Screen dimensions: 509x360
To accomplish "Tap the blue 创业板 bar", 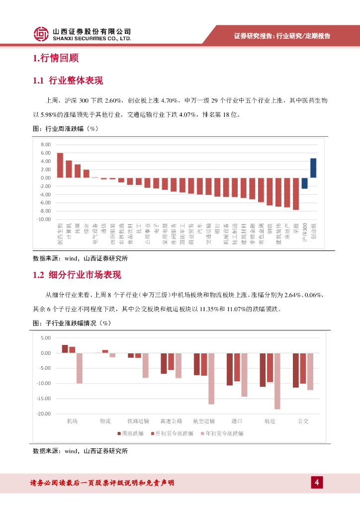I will point(313,168).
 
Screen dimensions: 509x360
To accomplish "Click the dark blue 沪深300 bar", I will point(304,183).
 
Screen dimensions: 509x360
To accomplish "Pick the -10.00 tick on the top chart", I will point(44,219).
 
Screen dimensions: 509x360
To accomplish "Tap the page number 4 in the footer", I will point(316,482).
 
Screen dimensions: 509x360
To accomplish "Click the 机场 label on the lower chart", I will point(72,421).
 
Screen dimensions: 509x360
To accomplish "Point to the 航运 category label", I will point(270,421).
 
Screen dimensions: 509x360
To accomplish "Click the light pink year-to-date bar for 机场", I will point(80,368).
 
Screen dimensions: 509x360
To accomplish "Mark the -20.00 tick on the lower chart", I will point(44,414).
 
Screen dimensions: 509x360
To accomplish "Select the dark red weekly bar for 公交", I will point(296,370).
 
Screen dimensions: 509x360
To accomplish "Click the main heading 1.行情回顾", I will point(56,59).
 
